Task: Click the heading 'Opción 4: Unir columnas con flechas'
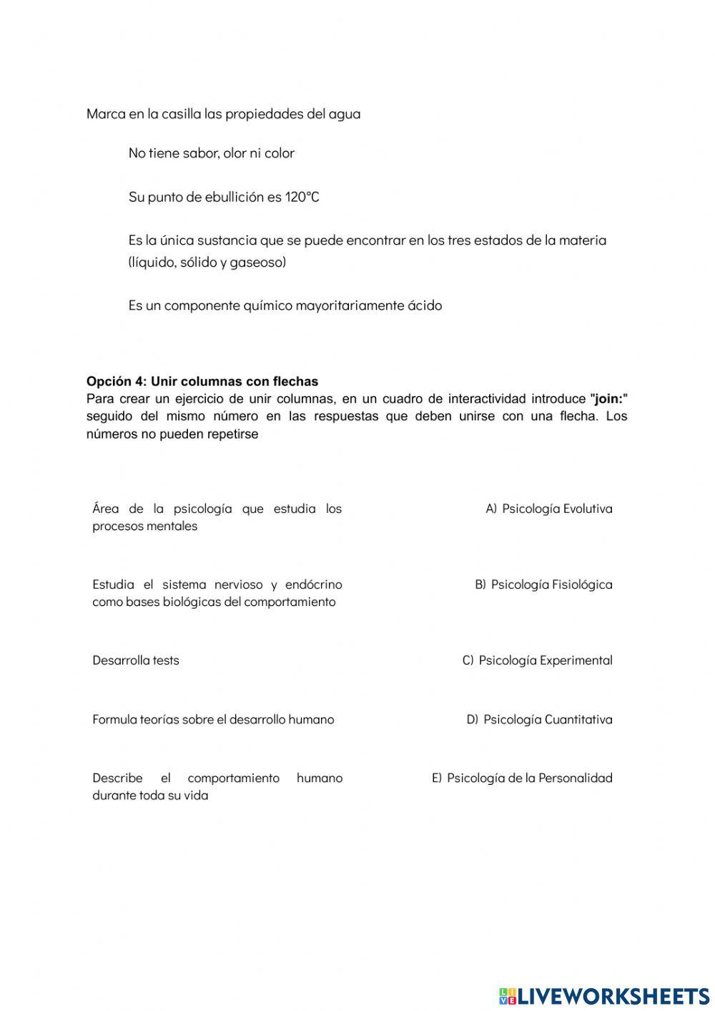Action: coord(202,381)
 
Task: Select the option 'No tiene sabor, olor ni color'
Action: coord(211,153)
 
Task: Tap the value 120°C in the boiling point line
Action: coord(302,197)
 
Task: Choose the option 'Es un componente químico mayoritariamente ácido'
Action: coord(285,306)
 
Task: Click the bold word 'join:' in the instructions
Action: coord(608,399)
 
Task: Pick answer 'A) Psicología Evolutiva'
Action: coord(548,509)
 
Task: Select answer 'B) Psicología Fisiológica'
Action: coord(543,585)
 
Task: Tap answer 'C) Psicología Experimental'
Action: coord(537,660)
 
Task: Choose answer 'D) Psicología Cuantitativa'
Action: coord(539,719)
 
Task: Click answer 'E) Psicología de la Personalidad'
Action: coord(522,778)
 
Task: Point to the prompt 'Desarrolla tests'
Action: coord(136,660)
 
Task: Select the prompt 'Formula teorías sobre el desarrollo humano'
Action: coord(213,719)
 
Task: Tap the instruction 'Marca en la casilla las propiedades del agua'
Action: coord(223,114)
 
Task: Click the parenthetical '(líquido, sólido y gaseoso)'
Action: coord(207,262)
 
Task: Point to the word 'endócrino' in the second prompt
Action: coord(314,585)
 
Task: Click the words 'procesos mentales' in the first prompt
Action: coord(144,526)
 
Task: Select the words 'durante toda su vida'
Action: coord(150,795)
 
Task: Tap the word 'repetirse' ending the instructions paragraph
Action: coord(233,434)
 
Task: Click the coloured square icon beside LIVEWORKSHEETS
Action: coord(507,995)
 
